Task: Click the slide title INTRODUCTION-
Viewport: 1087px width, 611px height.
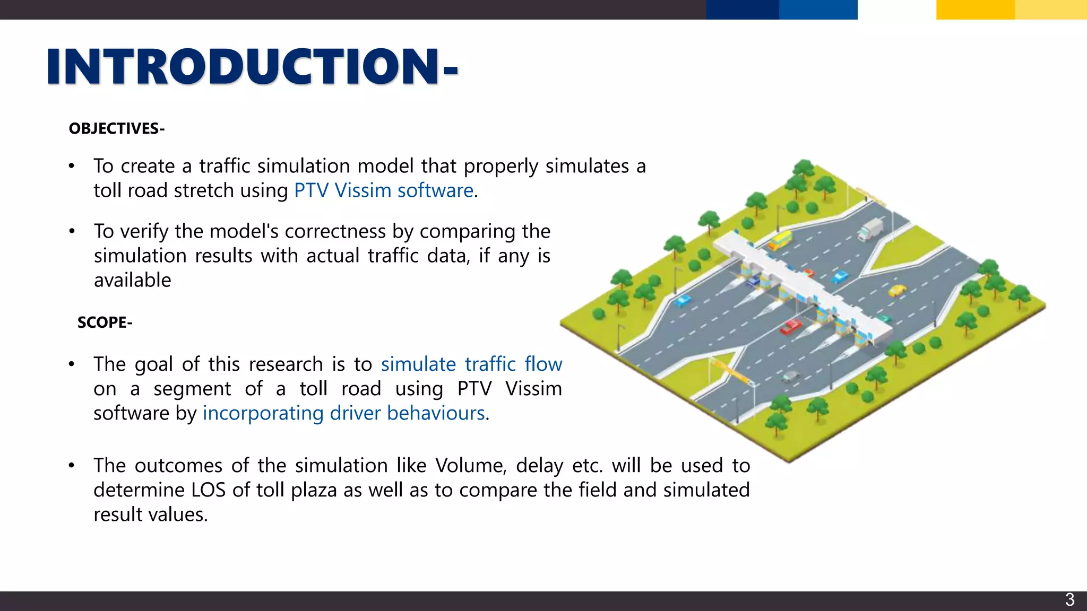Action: click(252, 66)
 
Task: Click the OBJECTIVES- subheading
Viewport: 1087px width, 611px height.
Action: click(117, 128)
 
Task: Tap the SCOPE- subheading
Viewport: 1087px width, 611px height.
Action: click(105, 322)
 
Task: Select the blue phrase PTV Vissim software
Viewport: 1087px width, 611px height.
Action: click(383, 190)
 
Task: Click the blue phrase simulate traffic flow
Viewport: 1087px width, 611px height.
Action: click(471, 364)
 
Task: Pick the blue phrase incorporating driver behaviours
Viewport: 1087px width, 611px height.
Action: click(344, 413)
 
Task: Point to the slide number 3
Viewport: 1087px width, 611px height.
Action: click(1069, 600)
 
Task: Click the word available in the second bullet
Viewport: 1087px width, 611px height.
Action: click(132, 280)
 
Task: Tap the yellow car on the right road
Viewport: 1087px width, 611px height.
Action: click(898, 290)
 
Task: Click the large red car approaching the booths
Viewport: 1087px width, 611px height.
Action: click(790, 326)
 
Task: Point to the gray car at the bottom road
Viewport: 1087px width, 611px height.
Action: click(790, 376)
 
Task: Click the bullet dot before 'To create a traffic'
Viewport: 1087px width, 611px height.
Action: click(72, 167)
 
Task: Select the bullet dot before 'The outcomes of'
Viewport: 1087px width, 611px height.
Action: click(72, 466)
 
